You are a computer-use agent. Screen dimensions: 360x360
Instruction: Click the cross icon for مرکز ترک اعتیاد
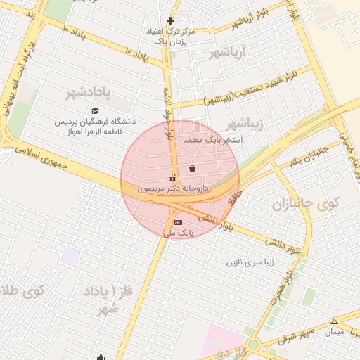coord(170,20)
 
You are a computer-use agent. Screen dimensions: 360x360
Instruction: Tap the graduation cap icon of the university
coord(95,110)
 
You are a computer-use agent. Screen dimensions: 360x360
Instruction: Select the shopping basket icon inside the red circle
coord(193,168)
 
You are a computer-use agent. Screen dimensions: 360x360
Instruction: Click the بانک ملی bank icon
coord(178,222)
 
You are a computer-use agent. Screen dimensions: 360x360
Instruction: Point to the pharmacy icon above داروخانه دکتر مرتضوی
coord(173,179)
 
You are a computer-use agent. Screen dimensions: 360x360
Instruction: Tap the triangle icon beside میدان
coord(334,322)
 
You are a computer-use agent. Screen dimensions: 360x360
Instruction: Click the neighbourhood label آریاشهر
coord(230,53)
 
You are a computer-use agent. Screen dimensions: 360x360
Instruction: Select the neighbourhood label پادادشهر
coord(89,93)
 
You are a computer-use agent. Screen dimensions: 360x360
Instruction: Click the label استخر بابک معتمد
coord(213,140)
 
